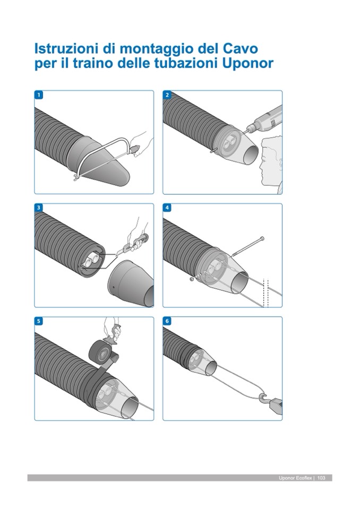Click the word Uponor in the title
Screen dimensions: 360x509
pyautogui.click(x=248, y=63)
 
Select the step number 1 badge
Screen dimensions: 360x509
pyautogui.click(x=39, y=95)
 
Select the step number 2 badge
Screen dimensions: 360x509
pyautogui.click(x=167, y=95)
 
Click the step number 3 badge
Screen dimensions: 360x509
pyautogui.click(x=39, y=208)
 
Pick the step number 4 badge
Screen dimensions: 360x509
pyautogui.click(x=167, y=208)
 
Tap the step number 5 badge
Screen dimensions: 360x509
pyautogui.click(x=39, y=321)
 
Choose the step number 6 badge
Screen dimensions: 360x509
pyautogui.click(x=167, y=321)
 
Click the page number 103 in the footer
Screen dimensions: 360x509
pyautogui.click(x=321, y=478)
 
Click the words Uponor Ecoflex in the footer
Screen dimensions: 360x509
pyautogui.click(x=295, y=478)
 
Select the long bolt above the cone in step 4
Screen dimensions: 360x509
pyautogui.click(x=247, y=247)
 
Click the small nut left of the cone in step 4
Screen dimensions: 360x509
pyautogui.click(x=192, y=279)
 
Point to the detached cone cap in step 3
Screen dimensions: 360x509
pyautogui.click(x=132, y=283)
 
